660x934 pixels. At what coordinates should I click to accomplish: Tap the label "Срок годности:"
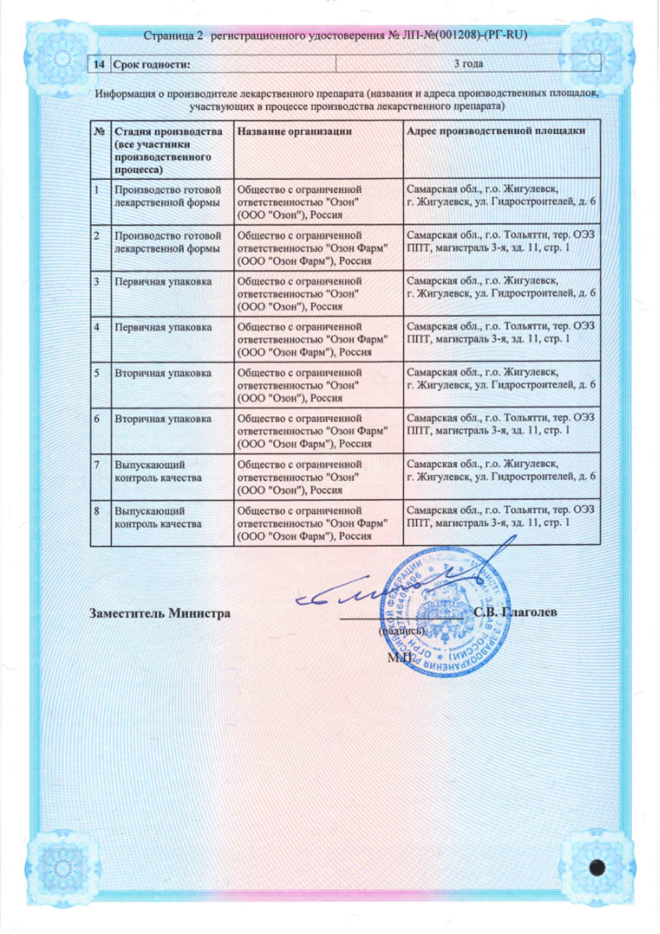[153, 65]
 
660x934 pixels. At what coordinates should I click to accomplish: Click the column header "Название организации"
[290, 131]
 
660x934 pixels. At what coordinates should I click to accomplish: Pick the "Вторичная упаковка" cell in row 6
[163, 420]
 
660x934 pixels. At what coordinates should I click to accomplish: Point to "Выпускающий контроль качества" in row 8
[159, 518]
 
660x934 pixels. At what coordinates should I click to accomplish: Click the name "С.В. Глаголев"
[514, 612]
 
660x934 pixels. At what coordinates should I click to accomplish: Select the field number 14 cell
[100, 65]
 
